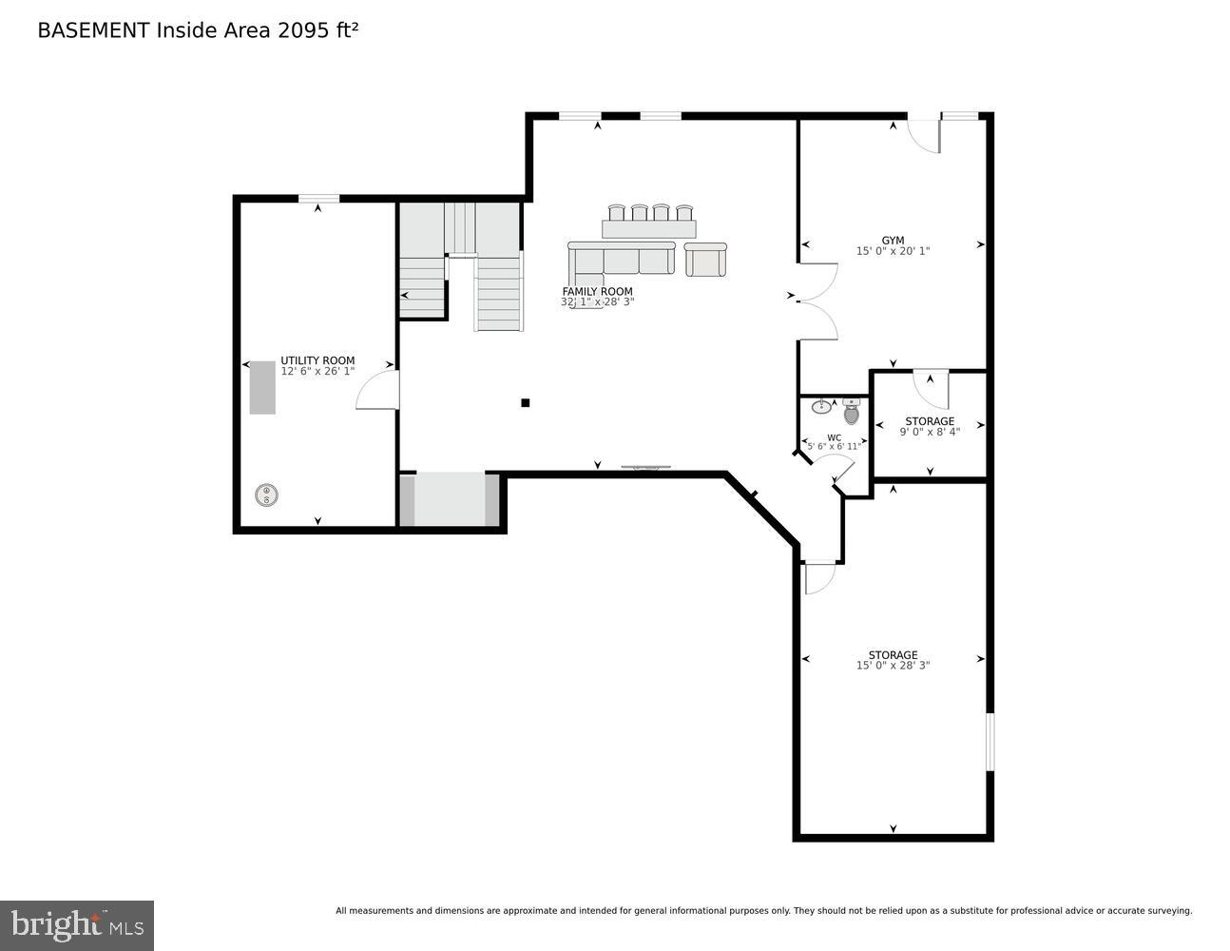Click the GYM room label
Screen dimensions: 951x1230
click(893, 241)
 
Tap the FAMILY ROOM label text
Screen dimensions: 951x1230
click(597, 292)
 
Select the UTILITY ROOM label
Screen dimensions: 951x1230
click(317, 360)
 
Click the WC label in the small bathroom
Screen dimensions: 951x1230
click(834, 437)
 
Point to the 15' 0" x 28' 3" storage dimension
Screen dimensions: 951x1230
click(893, 666)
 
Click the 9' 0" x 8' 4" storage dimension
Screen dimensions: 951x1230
click(930, 432)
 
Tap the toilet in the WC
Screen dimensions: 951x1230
click(851, 412)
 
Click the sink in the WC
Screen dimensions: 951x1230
click(821, 407)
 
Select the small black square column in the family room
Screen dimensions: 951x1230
click(525, 402)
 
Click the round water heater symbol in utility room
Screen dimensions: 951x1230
click(266, 495)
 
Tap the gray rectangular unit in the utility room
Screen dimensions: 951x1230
click(262, 388)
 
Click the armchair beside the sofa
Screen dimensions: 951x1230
click(704, 260)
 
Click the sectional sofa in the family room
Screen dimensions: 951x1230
click(620, 259)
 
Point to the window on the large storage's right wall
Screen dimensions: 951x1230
click(989, 742)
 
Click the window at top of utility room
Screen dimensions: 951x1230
click(318, 199)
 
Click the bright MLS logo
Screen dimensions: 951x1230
click(77, 925)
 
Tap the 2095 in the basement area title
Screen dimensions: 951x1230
click(300, 30)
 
